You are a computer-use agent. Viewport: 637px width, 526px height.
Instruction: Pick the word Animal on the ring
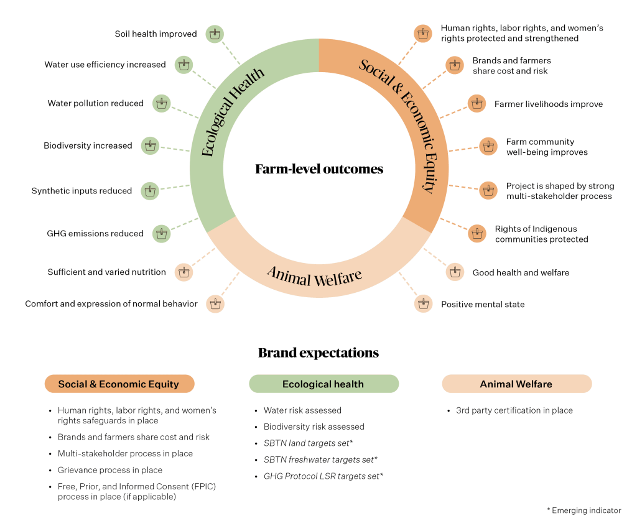click(x=289, y=274)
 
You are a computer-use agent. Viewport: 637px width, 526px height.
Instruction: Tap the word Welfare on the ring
click(x=338, y=277)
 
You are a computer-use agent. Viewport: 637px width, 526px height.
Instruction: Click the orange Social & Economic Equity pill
click(x=119, y=384)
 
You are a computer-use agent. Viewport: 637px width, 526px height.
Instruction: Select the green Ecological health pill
click(x=323, y=384)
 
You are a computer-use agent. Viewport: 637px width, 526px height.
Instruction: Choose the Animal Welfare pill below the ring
click(x=516, y=384)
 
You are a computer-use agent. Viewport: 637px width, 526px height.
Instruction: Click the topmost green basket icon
click(x=215, y=34)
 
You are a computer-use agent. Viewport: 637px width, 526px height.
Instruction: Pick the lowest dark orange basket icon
click(x=477, y=233)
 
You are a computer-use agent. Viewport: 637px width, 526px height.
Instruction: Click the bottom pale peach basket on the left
click(x=215, y=304)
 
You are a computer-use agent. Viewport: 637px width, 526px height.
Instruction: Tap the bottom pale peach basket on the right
click(x=424, y=304)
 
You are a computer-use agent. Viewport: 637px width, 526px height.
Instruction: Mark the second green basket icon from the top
click(x=184, y=65)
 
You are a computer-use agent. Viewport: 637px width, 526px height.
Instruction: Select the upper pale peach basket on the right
click(x=455, y=272)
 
